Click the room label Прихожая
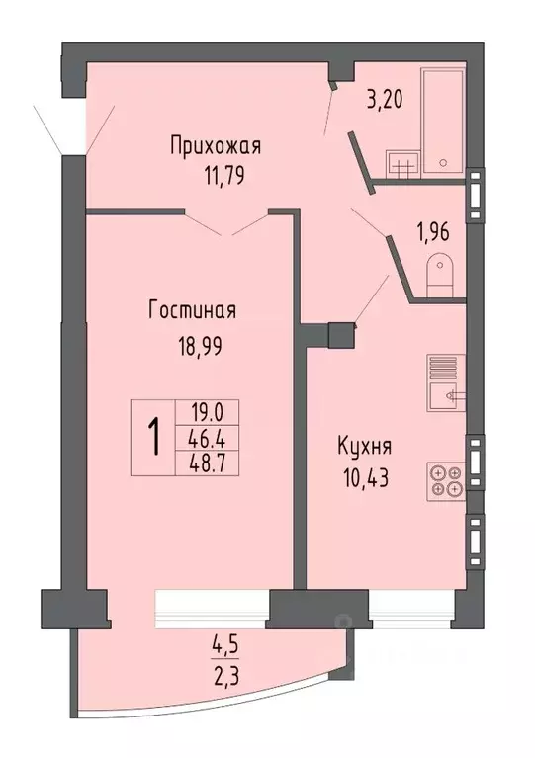coord(215,147)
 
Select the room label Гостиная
coord(192,311)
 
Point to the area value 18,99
coord(193,347)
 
